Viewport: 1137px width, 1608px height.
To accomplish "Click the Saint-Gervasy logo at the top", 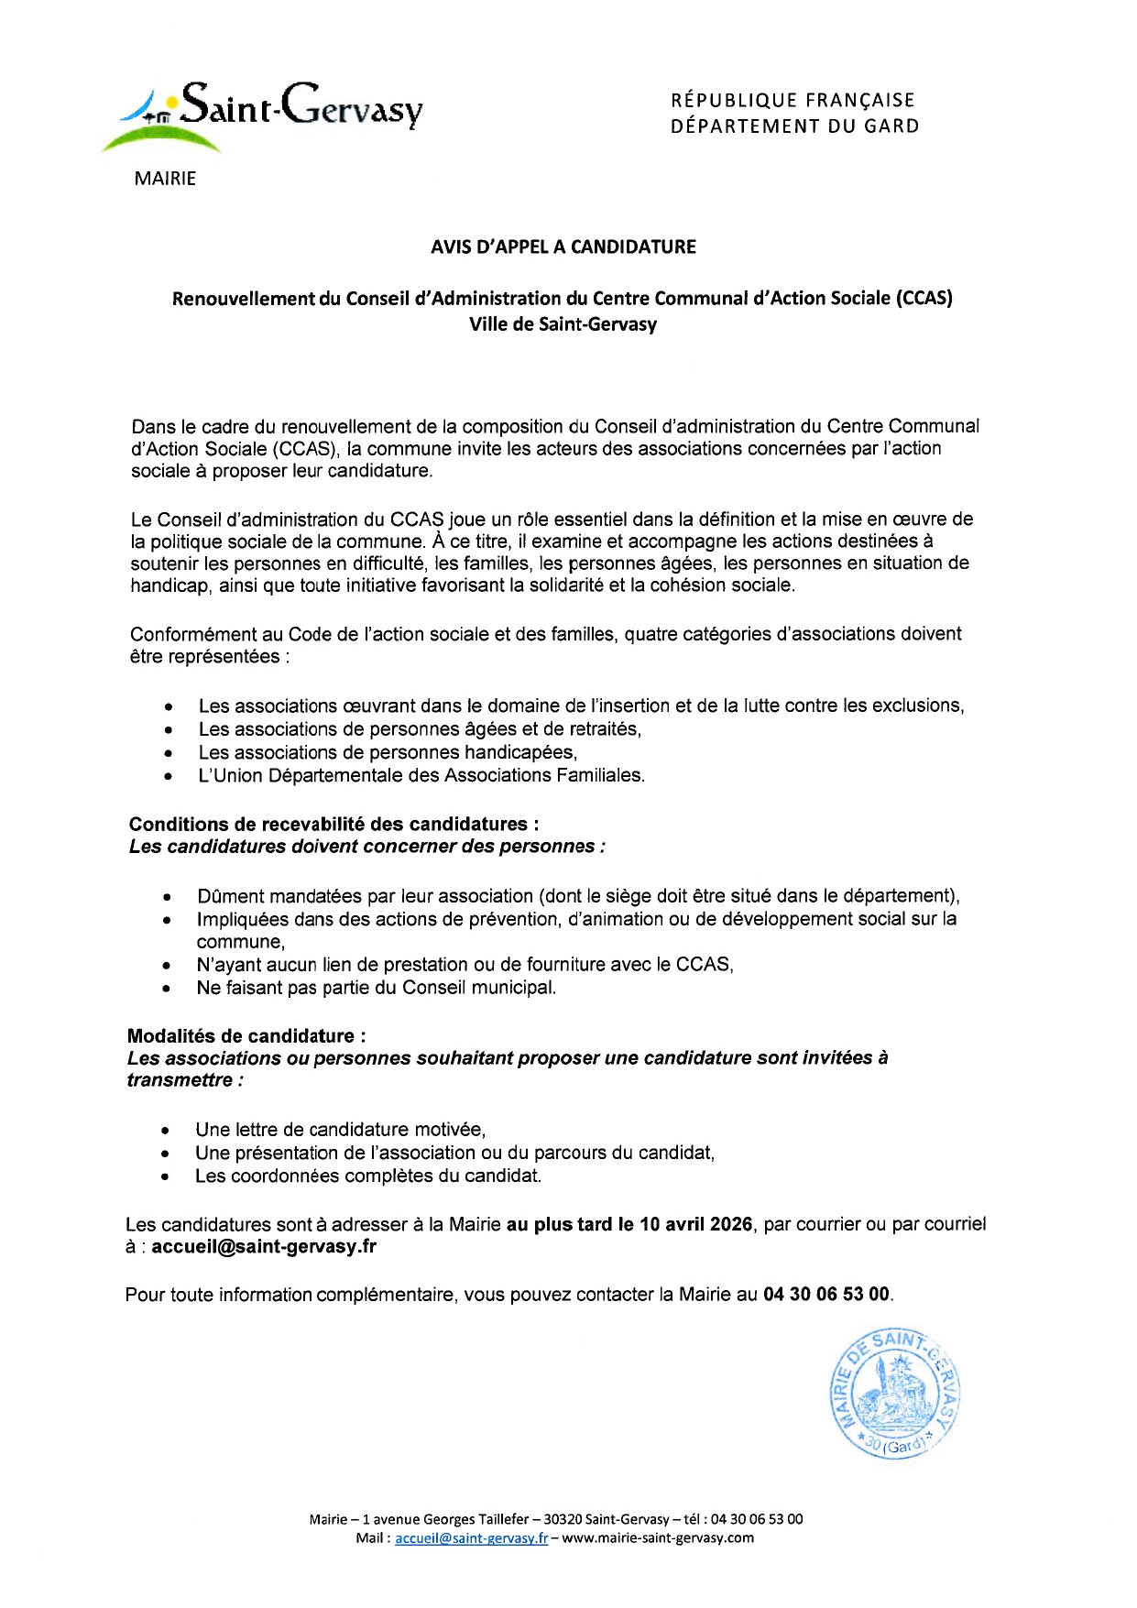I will pos(266,112).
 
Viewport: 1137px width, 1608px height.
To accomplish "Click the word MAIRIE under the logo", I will pos(165,179).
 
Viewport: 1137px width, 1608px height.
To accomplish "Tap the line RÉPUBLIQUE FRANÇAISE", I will pos(793,100).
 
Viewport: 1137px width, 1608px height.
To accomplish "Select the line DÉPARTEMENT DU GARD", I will pos(794,126).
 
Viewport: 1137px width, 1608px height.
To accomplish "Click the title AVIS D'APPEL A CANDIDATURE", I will pos(563,246).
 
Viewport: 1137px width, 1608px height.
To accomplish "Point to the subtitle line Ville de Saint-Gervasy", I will pos(563,323).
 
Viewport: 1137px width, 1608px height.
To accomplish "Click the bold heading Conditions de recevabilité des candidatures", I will pos(333,824).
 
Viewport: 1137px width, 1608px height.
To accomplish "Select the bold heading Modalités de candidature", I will pos(246,1035).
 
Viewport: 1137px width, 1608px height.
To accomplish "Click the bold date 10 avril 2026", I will pos(696,1224).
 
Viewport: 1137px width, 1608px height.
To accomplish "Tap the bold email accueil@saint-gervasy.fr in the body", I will pos(264,1246).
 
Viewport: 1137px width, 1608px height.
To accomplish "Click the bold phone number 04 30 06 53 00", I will pos(826,1294).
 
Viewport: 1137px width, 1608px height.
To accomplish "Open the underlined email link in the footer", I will pos(471,1538).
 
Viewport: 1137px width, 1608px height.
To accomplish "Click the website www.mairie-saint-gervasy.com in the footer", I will pos(658,1538).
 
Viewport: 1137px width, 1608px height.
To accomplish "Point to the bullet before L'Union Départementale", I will pos(169,777).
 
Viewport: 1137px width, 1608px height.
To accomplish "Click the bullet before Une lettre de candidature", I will pos(165,1131).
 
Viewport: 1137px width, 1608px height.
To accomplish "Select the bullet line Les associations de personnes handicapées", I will pos(388,752).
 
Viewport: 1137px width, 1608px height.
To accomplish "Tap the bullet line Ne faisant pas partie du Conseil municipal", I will pos(377,988).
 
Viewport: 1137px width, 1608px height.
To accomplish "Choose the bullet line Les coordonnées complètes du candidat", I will pos(368,1176).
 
